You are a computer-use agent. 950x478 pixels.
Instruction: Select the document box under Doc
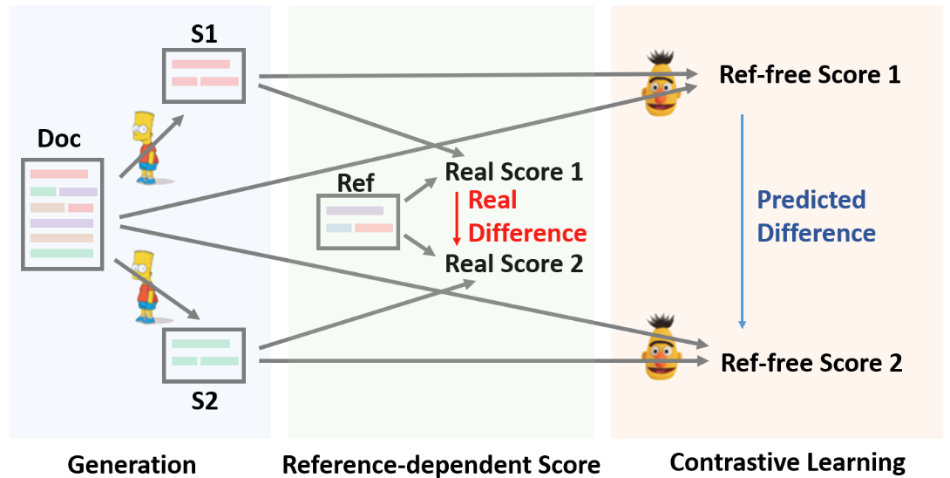62,213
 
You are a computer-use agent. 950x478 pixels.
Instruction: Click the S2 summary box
205,354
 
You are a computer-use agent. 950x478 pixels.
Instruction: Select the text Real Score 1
514,172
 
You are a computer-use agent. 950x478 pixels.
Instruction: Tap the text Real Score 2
514,263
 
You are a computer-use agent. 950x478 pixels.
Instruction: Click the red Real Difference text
526,217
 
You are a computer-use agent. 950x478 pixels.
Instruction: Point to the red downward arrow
455,217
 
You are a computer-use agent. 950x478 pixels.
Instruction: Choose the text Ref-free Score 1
810,74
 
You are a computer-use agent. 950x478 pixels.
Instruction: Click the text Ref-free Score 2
811,362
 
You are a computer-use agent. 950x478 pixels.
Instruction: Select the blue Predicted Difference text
816,216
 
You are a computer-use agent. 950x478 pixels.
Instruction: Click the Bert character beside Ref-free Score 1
663,82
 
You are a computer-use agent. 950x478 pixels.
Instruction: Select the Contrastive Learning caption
787,462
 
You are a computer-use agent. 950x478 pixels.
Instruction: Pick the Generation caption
132,464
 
